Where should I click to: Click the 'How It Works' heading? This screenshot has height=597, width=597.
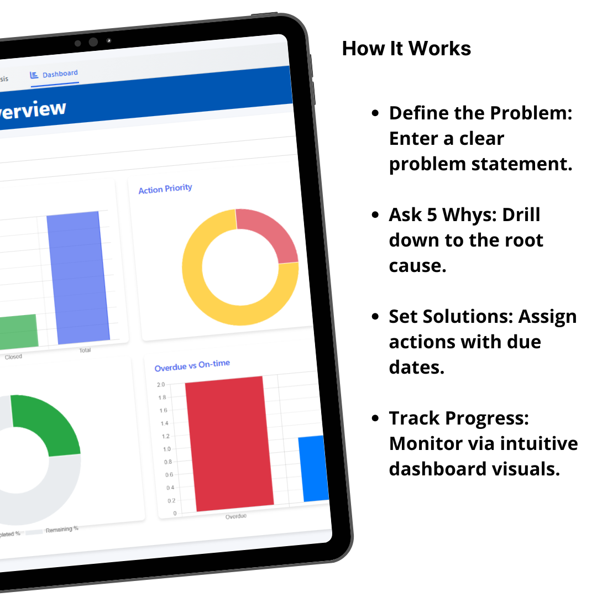pos(406,49)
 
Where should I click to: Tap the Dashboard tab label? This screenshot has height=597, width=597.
pos(60,74)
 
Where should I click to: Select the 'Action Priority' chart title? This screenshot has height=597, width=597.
pos(165,189)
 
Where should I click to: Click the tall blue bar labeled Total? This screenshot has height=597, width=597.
pos(77,276)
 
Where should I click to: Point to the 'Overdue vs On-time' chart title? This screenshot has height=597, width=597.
pos(192,365)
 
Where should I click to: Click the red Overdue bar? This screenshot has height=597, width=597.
pos(228,442)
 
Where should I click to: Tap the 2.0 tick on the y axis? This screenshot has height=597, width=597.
pos(161,384)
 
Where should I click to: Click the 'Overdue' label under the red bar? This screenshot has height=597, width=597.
pos(236,516)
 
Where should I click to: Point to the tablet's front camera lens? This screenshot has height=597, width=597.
pos(93,42)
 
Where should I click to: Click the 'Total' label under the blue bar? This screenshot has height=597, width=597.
pos(85,350)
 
